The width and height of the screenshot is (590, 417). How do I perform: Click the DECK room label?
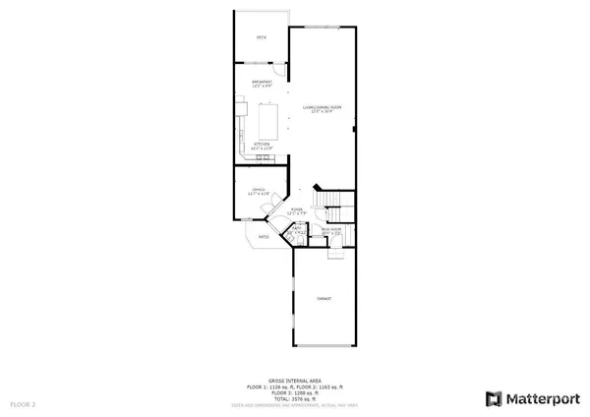(262, 37)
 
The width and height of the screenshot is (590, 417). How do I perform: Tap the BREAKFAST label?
(262, 83)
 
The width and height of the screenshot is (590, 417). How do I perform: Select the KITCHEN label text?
(263, 145)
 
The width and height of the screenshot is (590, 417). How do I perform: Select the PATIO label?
(264, 237)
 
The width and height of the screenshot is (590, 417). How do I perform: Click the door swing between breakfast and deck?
(279, 71)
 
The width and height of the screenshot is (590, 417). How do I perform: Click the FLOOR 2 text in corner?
(23, 404)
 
